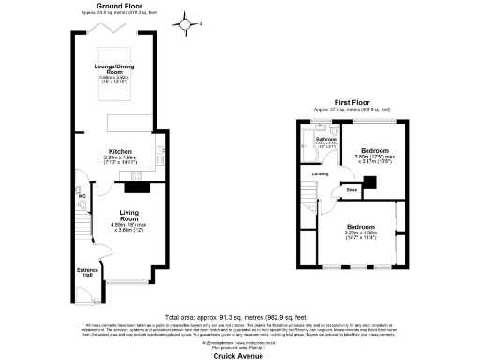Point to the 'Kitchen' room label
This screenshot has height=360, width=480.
click(x=119, y=150)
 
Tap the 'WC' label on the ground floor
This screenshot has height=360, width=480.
click(x=82, y=196)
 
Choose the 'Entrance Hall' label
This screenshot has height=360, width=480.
click(x=86, y=272)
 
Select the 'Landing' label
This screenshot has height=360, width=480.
click(x=319, y=174)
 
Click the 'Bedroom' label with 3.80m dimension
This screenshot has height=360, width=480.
click(x=375, y=150)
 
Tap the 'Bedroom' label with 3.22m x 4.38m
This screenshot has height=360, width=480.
click(x=360, y=228)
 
